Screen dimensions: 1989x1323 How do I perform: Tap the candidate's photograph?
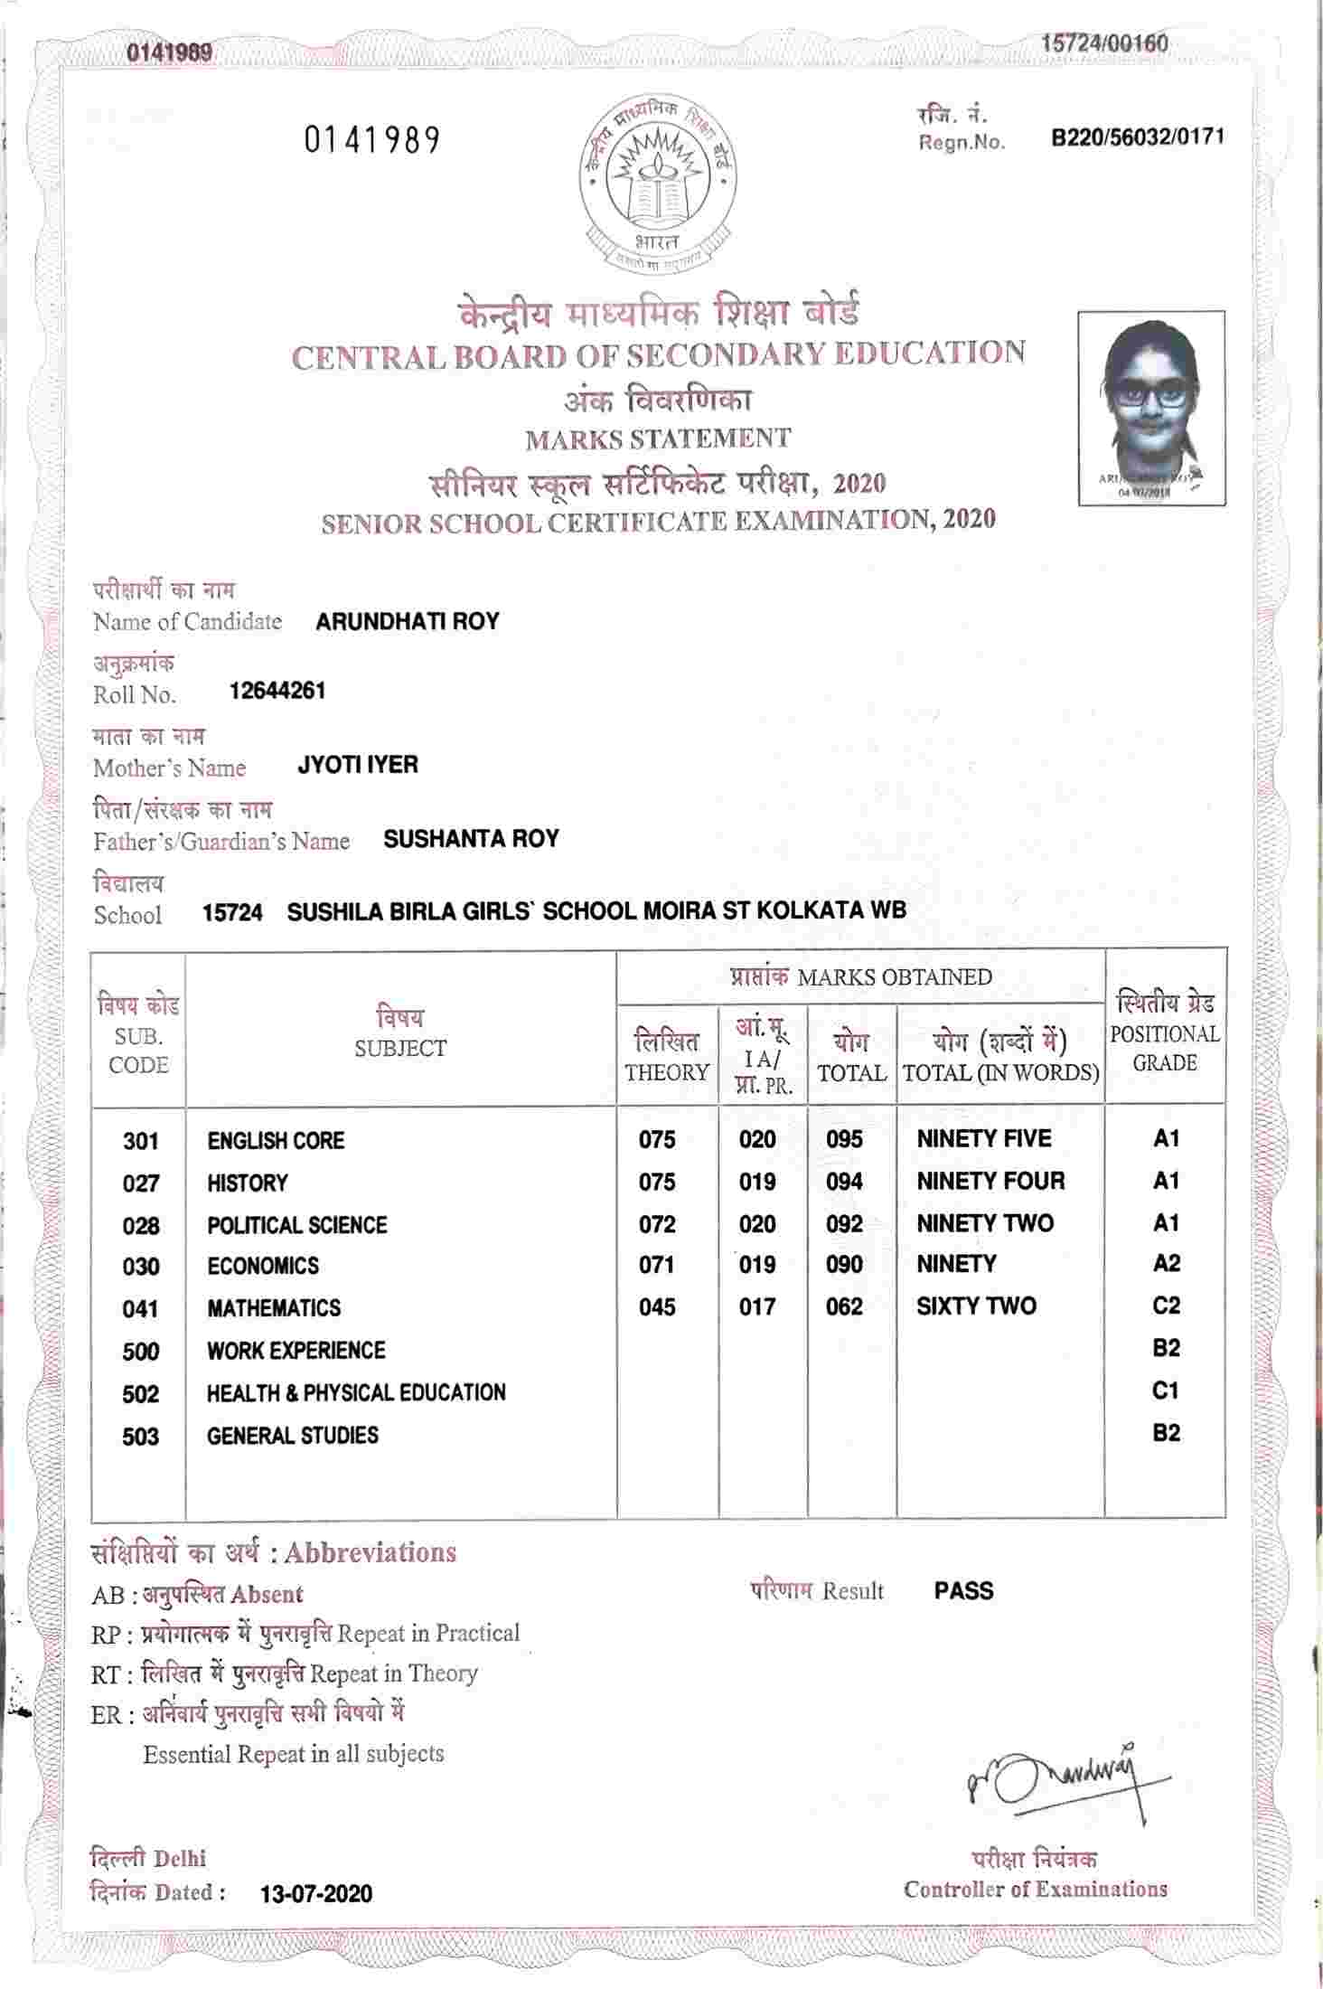coord(1151,408)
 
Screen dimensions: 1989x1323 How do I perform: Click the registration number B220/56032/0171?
coord(1138,137)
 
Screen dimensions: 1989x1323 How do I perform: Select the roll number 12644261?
coord(277,692)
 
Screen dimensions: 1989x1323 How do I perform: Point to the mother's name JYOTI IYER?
coord(358,765)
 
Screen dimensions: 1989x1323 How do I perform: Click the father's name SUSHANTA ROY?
coord(471,839)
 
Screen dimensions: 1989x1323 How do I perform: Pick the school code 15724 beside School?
coord(232,912)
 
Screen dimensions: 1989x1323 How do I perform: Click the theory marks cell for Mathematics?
coord(657,1307)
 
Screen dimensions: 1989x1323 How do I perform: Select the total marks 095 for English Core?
coord(844,1139)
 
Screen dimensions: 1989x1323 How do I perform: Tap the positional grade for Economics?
coord(1166,1264)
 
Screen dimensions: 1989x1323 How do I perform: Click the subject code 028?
coord(141,1226)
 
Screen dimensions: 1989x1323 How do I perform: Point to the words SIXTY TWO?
coord(976,1306)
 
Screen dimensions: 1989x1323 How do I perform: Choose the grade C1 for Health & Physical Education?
coord(1166,1390)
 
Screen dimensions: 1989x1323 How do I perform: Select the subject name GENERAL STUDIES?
coord(293,1436)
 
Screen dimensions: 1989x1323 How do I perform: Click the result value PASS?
coord(963,1617)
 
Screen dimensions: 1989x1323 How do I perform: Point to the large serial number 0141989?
coord(372,140)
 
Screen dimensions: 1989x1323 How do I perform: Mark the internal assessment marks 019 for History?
coord(757,1182)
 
